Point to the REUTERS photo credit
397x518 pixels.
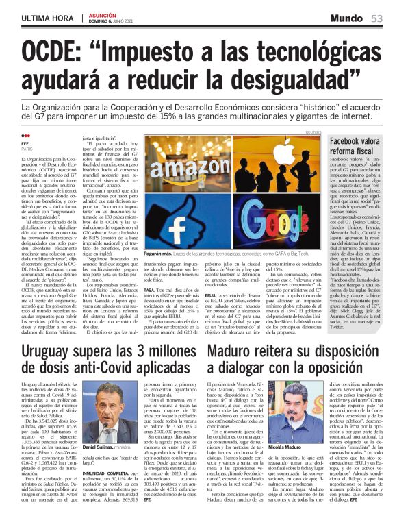313,132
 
